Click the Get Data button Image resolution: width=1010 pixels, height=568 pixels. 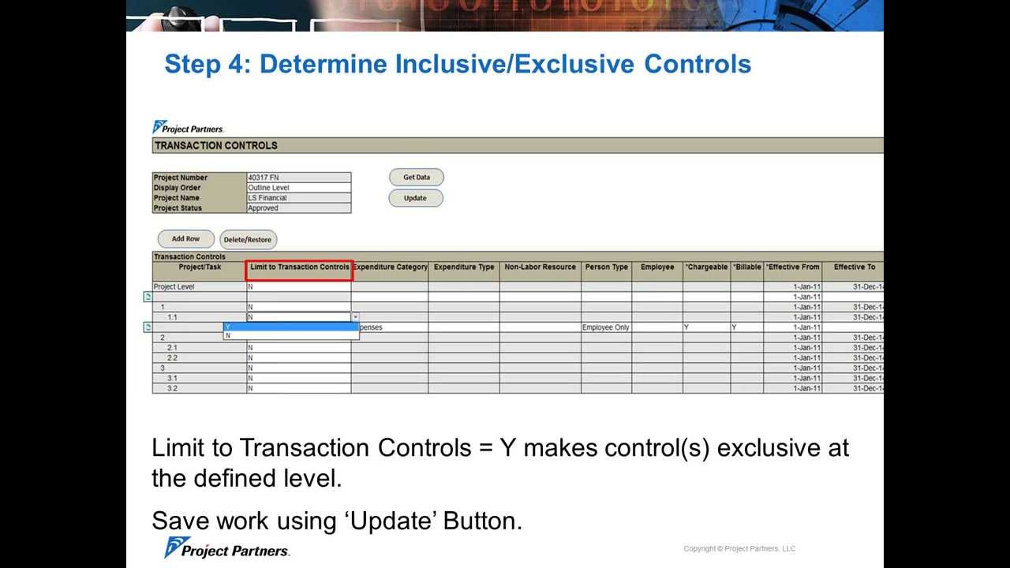click(x=416, y=177)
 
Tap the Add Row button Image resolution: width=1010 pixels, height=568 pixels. click(x=185, y=239)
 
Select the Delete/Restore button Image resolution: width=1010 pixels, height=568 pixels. click(x=247, y=240)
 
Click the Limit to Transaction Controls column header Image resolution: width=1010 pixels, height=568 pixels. click(x=299, y=267)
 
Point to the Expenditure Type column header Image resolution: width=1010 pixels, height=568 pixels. click(x=464, y=267)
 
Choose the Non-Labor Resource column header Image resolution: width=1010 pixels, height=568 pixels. click(x=540, y=267)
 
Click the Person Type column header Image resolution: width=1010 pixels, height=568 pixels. click(x=606, y=267)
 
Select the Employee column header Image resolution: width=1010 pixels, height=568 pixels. click(x=657, y=267)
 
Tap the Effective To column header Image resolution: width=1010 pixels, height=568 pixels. click(x=855, y=267)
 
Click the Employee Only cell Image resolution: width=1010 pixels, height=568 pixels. click(x=605, y=327)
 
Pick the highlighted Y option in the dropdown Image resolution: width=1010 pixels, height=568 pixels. click(x=291, y=327)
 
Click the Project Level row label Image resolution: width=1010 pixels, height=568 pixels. click(x=174, y=287)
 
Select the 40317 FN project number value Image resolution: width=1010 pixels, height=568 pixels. click(x=264, y=177)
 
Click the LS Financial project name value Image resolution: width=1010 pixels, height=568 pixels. click(x=267, y=198)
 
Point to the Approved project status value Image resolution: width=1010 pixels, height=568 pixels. click(x=263, y=208)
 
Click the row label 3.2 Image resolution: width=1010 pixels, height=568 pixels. click(x=172, y=389)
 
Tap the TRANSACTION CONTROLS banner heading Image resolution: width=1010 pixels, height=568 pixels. click(x=216, y=146)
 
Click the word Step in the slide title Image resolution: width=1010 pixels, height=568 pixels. click(x=193, y=64)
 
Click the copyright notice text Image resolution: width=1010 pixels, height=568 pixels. click(x=739, y=549)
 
